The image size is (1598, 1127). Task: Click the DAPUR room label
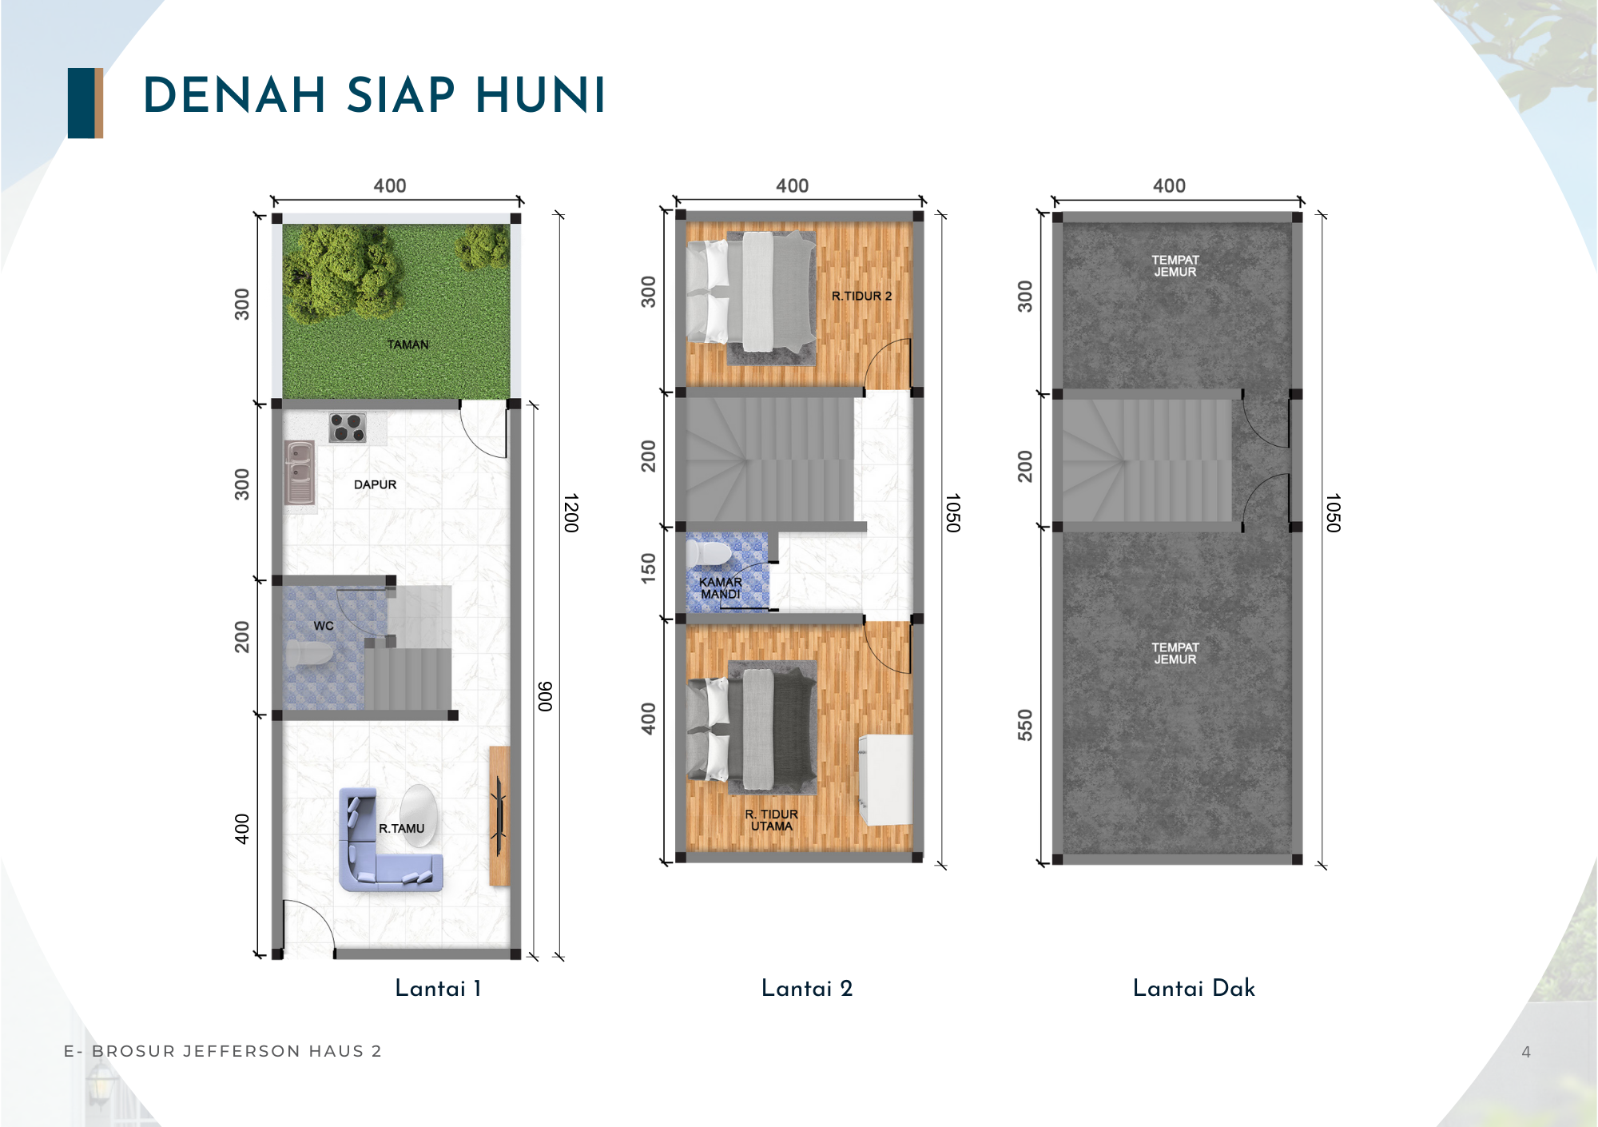pos(375,484)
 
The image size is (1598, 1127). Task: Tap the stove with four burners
pos(348,428)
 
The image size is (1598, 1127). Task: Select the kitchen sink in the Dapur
pos(300,472)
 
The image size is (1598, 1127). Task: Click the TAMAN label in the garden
pos(408,344)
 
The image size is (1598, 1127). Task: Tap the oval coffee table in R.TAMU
pos(418,814)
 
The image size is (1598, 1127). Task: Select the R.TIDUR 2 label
pos(861,296)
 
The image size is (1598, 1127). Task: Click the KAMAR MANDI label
pos(721,588)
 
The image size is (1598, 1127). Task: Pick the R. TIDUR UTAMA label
pos(771,820)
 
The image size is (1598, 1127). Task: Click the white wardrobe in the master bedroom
pos(885,779)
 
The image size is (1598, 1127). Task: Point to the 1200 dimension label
pos(570,513)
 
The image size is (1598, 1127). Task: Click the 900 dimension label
pos(545,696)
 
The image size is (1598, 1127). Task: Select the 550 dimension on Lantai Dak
pos(1025,725)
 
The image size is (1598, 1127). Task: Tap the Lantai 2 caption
pos(807,989)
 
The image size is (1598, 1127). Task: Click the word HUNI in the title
pos(540,96)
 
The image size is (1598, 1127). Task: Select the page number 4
pos(1526,1052)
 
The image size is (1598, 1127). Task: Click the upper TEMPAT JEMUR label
pos(1175,265)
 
